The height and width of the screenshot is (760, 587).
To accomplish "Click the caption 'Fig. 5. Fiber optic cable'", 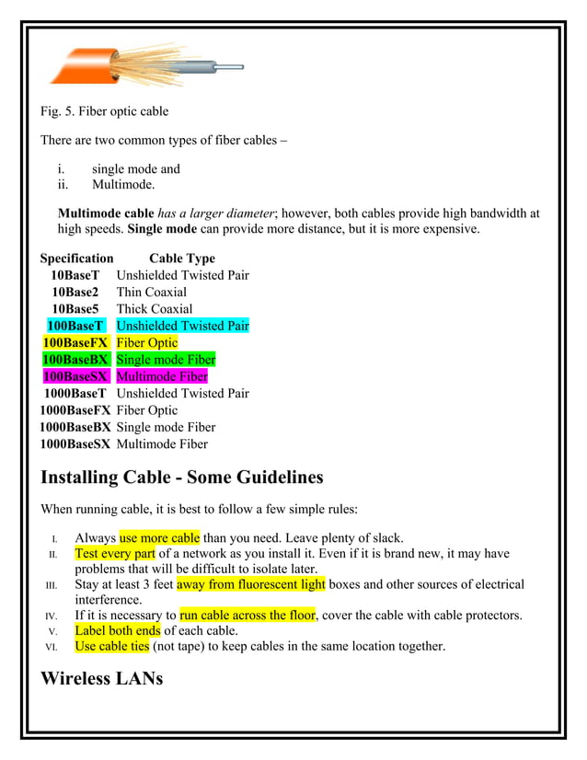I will (103, 112).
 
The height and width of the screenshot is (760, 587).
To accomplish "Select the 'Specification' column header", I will (77, 259).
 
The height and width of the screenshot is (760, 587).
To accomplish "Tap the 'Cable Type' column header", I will (181, 259).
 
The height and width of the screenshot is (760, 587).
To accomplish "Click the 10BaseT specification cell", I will (75, 275).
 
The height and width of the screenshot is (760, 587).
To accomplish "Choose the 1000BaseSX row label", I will (75, 443).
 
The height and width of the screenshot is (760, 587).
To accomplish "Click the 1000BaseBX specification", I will (75, 427).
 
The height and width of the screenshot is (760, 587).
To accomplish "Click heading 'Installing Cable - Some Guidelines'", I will (182, 478).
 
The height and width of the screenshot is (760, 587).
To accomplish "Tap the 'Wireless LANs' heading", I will (101, 679).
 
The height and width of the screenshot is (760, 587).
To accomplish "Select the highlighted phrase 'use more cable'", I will (159, 537).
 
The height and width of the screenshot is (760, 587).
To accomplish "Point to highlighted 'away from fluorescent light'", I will (251, 584).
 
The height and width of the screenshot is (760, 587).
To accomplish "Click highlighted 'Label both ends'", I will (117, 630).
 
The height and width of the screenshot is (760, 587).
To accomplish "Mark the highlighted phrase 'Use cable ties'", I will (111, 646).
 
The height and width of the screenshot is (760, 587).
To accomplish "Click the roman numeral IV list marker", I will (52, 616).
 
